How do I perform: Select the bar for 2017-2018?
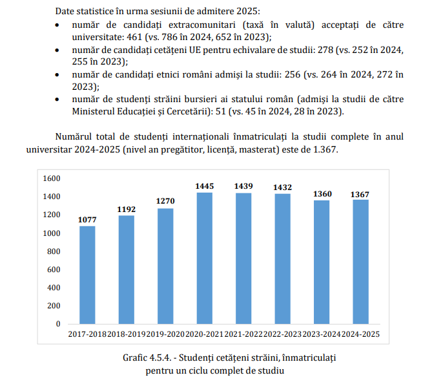point(87,275)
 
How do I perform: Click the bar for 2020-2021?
point(205,258)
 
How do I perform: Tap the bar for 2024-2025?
point(360,261)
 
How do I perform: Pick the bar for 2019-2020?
point(165,266)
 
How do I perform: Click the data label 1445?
point(205,186)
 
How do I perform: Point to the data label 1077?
point(87,220)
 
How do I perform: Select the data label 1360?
point(322,194)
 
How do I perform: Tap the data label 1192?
point(127,209)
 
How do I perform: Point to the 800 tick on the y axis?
point(53,251)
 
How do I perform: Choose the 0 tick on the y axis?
point(57,324)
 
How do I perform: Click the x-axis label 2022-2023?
point(282,334)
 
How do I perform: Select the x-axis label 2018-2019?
point(127,334)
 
